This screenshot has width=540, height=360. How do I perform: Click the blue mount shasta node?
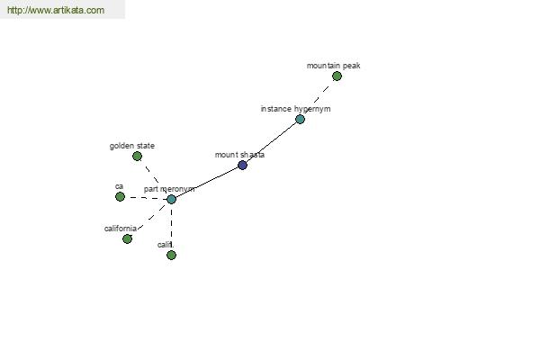(242, 165)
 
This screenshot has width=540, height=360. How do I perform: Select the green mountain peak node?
(337, 76)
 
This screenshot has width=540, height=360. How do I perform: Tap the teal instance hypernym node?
(300, 120)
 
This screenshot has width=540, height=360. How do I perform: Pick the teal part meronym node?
(172, 199)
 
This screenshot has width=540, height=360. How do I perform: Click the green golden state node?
(137, 157)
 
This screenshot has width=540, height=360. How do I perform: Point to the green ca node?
(120, 197)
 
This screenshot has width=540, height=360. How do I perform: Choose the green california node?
(127, 238)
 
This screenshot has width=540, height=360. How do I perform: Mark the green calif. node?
(171, 255)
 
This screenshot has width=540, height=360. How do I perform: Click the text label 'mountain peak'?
(333, 66)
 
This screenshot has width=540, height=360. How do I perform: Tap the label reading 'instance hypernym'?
(295, 109)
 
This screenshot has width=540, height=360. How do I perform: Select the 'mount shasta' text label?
(239, 155)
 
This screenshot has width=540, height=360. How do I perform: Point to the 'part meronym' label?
(169, 189)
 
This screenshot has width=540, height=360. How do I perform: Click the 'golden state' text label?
(132, 146)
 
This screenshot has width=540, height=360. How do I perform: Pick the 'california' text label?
(121, 229)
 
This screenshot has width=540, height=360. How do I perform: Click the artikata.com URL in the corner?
(56, 10)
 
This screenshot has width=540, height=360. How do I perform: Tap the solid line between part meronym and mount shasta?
(207, 183)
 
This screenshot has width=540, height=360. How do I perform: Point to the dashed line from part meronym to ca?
(146, 198)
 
